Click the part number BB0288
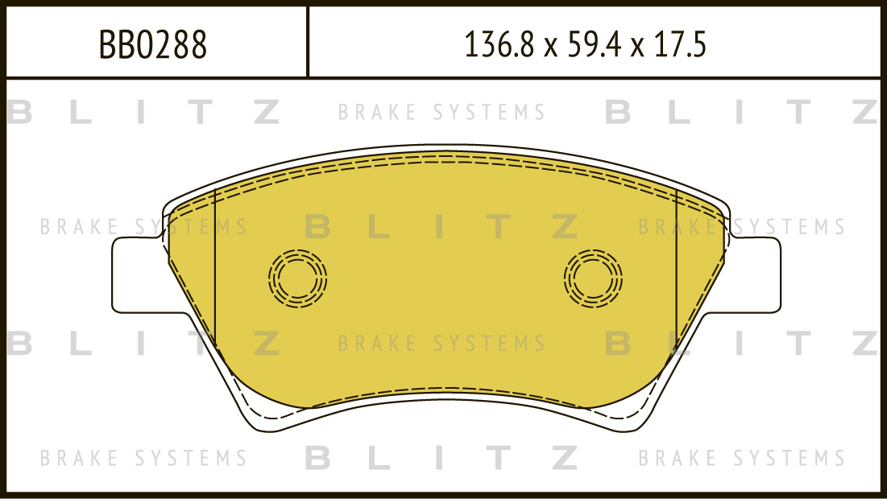point(153,44)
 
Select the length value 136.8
point(499,44)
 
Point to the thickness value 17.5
point(681,44)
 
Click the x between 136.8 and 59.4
point(550,48)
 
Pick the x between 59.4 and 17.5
point(637,48)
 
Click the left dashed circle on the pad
point(297,278)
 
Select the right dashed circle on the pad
point(593,278)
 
